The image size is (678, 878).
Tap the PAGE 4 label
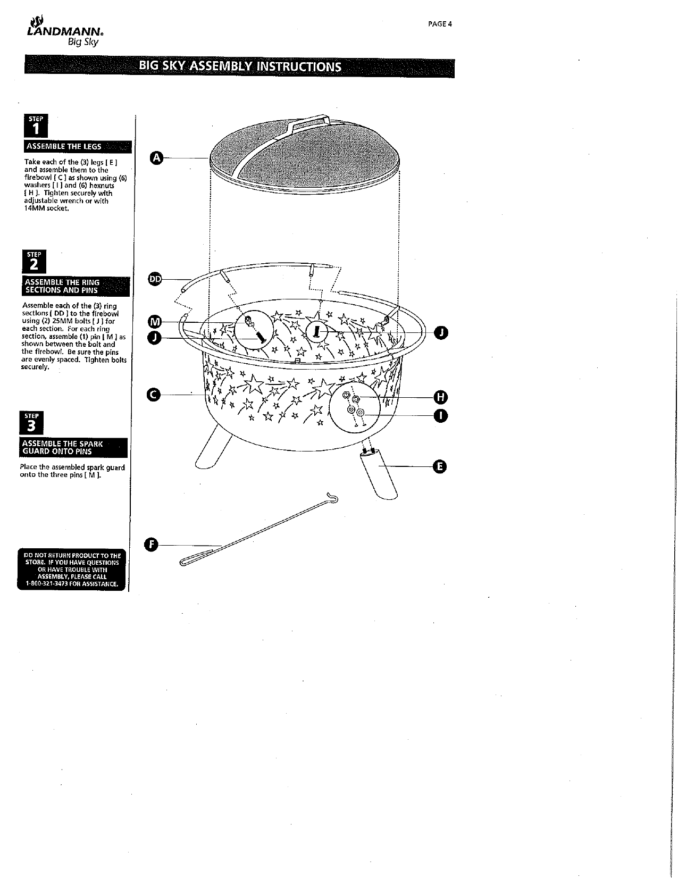pyautogui.click(x=440, y=24)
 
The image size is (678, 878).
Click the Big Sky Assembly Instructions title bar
pyautogui.click(x=239, y=66)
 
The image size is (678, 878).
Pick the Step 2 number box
pyautogui.click(x=35, y=261)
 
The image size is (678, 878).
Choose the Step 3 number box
pyautogui.click(x=32, y=423)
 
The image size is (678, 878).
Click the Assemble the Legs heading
pyautogui.click(x=78, y=147)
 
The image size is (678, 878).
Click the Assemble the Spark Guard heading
pyautogui.click(x=74, y=447)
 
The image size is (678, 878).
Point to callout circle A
pyautogui.click(x=155, y=157)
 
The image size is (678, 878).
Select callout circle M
pyautogui.click(x=154, y=322)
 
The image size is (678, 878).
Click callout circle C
pyautogui.click(x=153, y=395)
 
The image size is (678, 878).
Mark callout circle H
pyautogui.click(x=441, y=397)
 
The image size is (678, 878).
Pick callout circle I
pyautogui.click(x=441, y=415)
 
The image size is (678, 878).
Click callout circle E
pyautogui.click(x=439, y=467)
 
